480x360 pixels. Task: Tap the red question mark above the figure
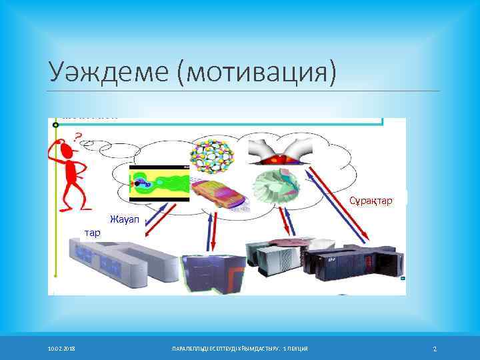[x=77, y=138]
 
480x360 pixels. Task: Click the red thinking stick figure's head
[x=65, y=152]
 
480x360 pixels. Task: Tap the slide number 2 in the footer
[x=434, y=349]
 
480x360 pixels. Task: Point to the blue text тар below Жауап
[x=92, y=233]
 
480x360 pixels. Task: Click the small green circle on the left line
[x=56, y=125]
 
